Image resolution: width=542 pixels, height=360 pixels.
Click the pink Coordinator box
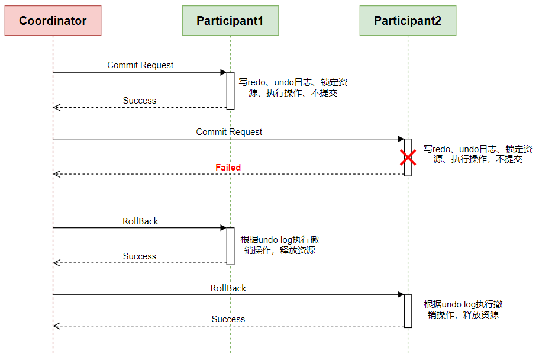coord(53,21)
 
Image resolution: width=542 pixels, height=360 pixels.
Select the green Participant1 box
coord(230,21)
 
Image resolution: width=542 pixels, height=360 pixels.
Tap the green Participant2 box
coord(408,21)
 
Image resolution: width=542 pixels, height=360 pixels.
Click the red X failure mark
coord(408,157)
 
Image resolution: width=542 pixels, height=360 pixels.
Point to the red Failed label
coord(228,168)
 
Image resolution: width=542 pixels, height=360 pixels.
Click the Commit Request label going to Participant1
coord(140,65)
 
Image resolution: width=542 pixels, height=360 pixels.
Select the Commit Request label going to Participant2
coord(229,132)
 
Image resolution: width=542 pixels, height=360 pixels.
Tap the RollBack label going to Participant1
coord(140,221)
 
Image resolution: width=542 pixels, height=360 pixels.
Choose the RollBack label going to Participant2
coord(228,288)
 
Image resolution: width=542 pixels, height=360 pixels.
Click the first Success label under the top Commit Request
coord(140,101)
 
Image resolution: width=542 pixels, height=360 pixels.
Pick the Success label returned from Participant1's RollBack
coord(140,256)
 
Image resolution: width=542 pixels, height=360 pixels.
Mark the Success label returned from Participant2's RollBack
coord(228,319)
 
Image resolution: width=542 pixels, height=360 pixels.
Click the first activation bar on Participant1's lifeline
coord(230,91)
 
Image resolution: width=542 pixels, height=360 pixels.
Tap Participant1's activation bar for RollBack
coord(230,246)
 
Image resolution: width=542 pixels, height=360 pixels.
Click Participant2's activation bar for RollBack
coord(408,311)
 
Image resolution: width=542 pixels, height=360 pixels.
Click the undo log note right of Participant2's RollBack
coord(463,309)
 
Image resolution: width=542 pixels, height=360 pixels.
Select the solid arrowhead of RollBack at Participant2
coord(401,294)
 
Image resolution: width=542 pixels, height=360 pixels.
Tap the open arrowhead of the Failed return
coord(56,174)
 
